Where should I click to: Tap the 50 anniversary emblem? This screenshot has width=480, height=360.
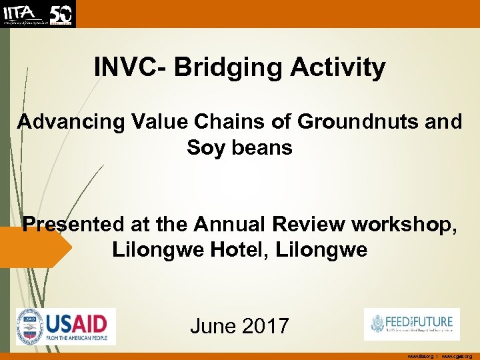62,13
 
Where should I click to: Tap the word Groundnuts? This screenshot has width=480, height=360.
355,122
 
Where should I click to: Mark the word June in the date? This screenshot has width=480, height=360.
213,326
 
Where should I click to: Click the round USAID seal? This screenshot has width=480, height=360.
30,327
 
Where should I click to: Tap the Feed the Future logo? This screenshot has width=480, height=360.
411,324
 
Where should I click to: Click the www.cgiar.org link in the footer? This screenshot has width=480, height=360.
457,356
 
